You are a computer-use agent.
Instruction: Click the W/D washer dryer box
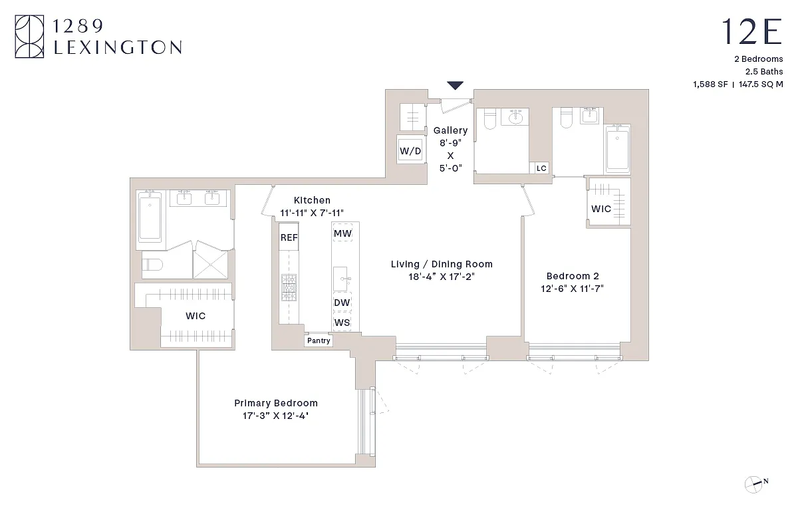coord(410,150)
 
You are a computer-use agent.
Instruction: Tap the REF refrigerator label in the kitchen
coord(289,237)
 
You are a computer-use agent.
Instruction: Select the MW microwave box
coord(342,233)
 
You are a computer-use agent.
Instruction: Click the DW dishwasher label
coord(342,303)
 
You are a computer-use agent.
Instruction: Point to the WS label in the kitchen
coord(342,323)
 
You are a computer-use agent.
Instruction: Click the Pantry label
coord(318,340)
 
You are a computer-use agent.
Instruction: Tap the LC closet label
coord(541,168)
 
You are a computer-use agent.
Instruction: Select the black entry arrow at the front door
coord(455,85)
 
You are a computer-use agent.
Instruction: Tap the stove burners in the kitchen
coord(289,288)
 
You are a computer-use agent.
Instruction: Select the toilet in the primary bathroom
coord(152,265)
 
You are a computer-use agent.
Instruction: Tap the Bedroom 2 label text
coord(568,276)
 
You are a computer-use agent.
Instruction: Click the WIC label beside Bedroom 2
coord(601,209)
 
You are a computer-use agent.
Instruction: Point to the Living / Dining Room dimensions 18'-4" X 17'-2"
coord(442,277)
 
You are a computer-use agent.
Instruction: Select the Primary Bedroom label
coord(275,403)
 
